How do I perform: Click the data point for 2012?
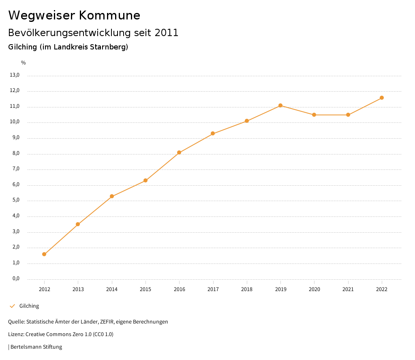(x=44, y=254)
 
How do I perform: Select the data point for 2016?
(x=179, y=152)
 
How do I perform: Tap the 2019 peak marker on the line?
(x=280, y=105)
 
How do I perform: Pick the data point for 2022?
(x=382, y=98)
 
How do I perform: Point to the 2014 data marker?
(x=112, y=196)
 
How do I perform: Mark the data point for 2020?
(x=314, y=115)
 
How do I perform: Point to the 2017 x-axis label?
(x=213, y=289)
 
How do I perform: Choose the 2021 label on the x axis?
(x=348, y=289)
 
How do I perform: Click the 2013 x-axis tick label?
(x=78, y=289)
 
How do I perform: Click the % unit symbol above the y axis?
(x=24, y=62)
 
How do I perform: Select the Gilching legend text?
(x=29, y=306)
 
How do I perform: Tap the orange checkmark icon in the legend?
(x=12, y=306)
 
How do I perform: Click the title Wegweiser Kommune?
(x=74, y=15)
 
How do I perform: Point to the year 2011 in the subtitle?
(x=167, y=33)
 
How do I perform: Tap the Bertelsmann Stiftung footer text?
(x=36, y=347)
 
